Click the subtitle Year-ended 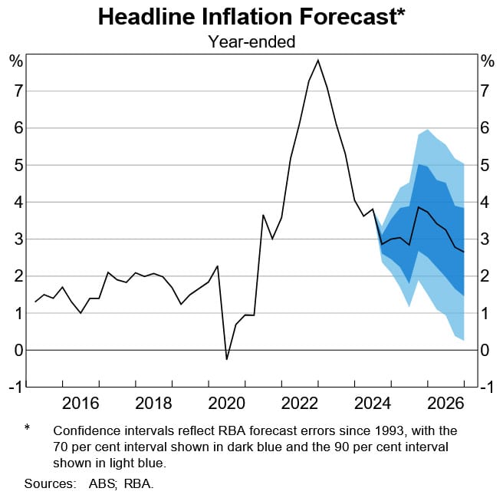click(251, 42)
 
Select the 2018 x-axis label click(153, 404)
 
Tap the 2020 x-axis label click(226, 404)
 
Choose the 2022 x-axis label click(299, 404)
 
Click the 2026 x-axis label click(445, 404)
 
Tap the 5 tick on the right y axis click(485, 165)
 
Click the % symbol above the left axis click(15, 61)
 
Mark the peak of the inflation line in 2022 click(318, 60)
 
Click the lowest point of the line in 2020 click(226, 359)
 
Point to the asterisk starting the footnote click(28, 428)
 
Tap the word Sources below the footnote click(48, 483)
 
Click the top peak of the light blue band click(427, 130)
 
